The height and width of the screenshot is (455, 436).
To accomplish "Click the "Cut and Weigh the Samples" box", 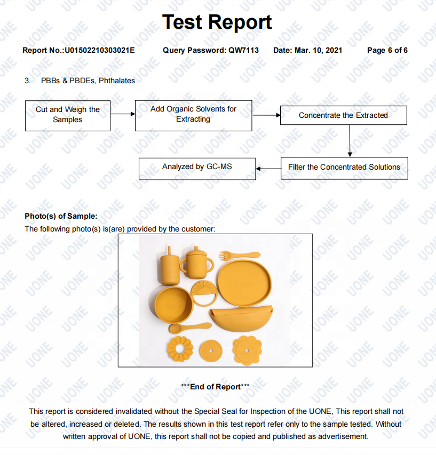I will pyautogui.click(x=68, y=115).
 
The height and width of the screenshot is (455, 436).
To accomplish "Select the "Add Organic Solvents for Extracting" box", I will pyautogui.click(x=193, y=114).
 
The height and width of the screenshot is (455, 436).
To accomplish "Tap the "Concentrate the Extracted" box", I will pyautogui.click(x=343, y=115).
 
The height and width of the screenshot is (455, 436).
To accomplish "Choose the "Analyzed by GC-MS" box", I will pyautogui.click(x=197, y=167).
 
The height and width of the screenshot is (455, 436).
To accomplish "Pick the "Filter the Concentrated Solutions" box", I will pyautogui.click(x=344, y=167).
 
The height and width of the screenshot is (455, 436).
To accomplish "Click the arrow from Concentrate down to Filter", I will pyautogui.click(x=349, y=141).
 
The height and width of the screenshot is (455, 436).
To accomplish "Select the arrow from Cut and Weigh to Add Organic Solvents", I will pyautogui.click(x=123, y=114).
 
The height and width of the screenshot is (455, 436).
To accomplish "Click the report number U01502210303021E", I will pyautogui.click(x=100, y=50).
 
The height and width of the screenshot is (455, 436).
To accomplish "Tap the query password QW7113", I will pyautogui.click(x=243, y=50).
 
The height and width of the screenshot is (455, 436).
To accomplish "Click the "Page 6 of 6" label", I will pyautogui.click(x=387, y=50).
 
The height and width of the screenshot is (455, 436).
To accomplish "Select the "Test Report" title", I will pyautogui.click(x=217, y=22).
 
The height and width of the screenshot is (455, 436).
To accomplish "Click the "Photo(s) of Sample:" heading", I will pyautogui.click(x=61, y=216).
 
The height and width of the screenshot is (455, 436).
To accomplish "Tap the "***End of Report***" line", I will pyautogui.click(x=216, y=387).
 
